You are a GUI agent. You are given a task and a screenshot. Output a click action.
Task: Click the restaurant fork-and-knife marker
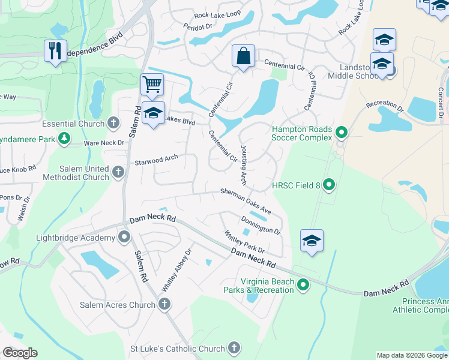tap(55, 50)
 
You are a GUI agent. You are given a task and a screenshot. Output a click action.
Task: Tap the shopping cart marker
tap(152, 85)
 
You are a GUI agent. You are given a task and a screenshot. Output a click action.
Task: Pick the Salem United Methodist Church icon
tap(118, 173)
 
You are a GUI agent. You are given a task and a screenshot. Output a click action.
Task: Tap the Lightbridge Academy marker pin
tap(124, 237)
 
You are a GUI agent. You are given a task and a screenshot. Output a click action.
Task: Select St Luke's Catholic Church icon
tap(234, 348)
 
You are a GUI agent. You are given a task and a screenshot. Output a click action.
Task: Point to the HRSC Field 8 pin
tap(328, 185)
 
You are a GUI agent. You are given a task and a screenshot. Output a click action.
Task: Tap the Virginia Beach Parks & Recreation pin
tap(303, 285)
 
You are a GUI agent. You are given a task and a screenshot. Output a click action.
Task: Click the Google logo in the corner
tap(20, 353)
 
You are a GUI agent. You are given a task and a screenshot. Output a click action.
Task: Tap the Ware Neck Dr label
tap(103, 143)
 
